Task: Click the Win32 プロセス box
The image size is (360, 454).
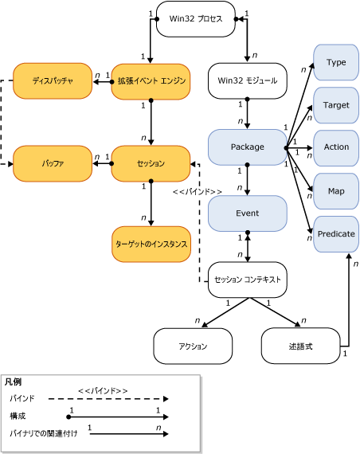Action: [195, 20]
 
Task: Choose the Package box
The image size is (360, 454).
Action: [247, 147]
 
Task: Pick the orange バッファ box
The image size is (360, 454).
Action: [53, 163]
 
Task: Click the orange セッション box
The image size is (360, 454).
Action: [149, 163]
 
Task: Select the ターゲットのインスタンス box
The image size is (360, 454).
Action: [151, 244]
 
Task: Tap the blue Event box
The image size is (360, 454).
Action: [247, 213]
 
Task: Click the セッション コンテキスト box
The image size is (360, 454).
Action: [248, 280]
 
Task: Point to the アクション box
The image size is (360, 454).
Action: [192, 346]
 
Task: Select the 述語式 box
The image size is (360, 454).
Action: [299, 346]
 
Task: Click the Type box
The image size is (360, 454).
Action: [336, 62]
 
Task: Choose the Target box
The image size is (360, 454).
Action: [336, 104]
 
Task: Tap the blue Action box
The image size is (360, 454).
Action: [336, 148]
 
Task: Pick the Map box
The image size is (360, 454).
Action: [336, 191]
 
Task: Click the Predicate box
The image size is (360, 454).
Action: [336, 234]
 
